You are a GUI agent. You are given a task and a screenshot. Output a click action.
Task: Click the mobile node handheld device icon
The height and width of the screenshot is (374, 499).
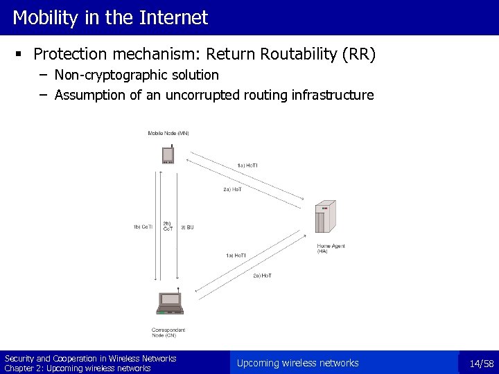(x=168, y=154)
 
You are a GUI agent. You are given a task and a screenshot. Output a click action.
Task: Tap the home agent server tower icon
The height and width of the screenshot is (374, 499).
(x=325, y=218)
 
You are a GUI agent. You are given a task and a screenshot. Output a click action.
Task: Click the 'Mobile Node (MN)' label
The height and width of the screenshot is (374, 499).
(x=168, y=133)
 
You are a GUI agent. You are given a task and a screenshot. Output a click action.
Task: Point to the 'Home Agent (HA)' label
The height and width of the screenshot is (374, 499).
(x=331, y=249)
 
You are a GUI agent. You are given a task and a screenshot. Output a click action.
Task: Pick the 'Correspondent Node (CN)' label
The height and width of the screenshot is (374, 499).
(x=168, y=332)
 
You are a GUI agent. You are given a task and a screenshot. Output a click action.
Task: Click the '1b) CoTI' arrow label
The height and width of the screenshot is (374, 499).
(x=143, y=226)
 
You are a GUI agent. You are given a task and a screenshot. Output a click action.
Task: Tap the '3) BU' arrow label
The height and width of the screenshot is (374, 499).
(x=187, y=226)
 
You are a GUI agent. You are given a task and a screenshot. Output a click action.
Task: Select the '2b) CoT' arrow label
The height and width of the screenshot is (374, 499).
(x=168, y=226)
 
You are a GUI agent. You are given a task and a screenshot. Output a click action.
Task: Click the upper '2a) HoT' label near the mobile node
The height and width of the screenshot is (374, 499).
(x=232, y=189)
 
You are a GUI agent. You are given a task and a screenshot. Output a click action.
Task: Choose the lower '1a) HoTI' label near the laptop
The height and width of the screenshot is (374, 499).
(x=236, y=256)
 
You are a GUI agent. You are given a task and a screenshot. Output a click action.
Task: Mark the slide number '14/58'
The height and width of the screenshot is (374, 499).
(x=481, y=364)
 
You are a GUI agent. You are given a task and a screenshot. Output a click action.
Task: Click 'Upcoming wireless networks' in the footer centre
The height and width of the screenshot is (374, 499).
(x=297, y=363)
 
